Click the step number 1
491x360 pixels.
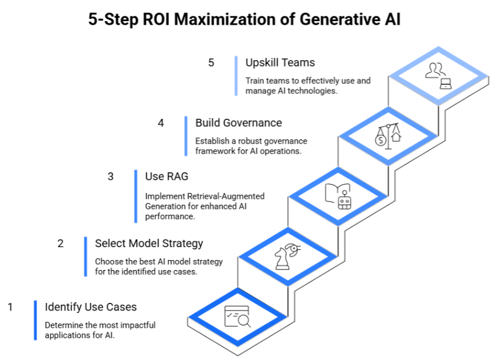(10, 306)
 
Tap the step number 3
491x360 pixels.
(111, 176)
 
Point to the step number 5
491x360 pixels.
(211, 62)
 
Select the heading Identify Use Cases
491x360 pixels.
(91, 306)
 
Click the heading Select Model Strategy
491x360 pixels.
(149, 243)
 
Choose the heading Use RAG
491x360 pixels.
(166, 176)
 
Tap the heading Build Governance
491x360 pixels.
(239, 122)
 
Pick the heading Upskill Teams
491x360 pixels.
(280, 62)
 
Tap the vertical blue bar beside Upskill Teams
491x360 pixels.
(236, 75)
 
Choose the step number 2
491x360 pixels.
(61, 243)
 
